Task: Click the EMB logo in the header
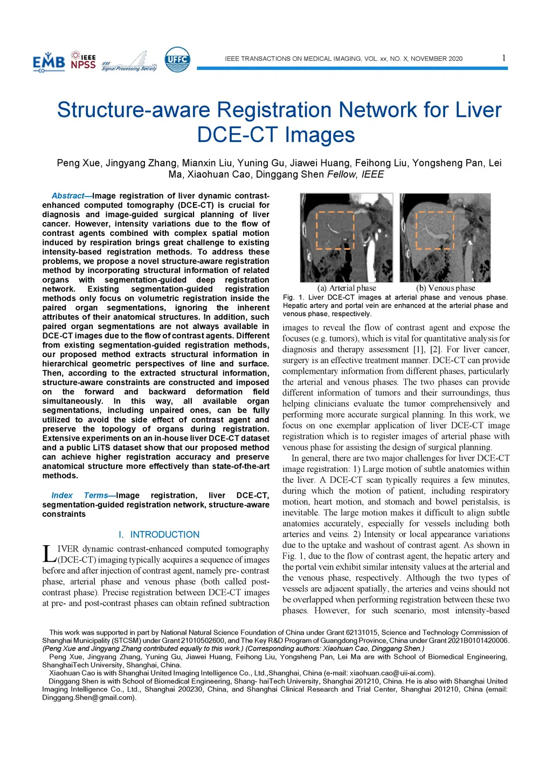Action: pyautogui.click(x=49, y=62)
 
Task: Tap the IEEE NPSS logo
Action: pyautogui.click(x=83, y=61)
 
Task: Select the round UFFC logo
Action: pyautogui.click(x=177, y=60)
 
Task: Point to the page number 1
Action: pyautogui.click(x=503, y=58)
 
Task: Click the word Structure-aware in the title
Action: pyautogui.click(x=134, y=110)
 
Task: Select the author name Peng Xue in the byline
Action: pyautogui.click(x=79, y=163)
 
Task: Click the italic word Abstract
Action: pyautogui.click(x=68, y=196)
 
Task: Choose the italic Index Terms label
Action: pyautogui.click(x=79, y=496)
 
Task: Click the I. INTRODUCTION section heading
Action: pyautogui.click(x=159, y=534)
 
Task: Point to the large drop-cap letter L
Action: pyautogui.click(x=49, y=553)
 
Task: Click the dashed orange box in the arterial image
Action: pyautogui.click(x=335, y=230)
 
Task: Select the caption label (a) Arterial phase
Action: pyautogui.click(x=347, y=288)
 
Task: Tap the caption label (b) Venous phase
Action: pyautogui.click(x=446, y=288)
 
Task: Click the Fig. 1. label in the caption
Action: pyautogui.click(x=293, y=297)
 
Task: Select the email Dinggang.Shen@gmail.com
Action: pyautogui.click(x=88, y=698)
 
